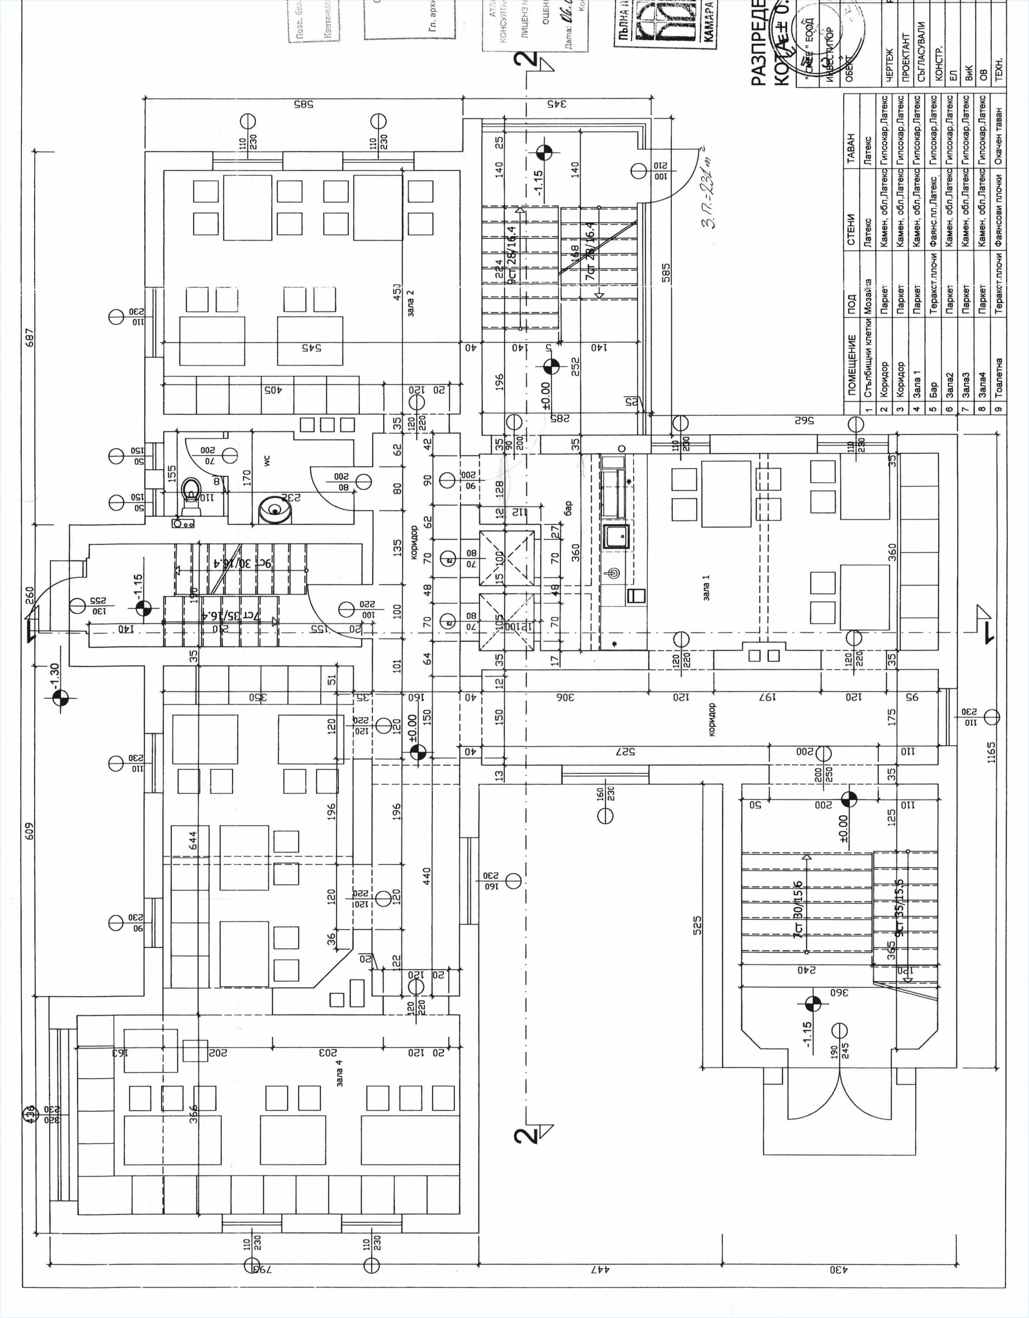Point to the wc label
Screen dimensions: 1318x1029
tap(267, 460)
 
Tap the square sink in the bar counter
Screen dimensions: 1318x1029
tap(617, 536)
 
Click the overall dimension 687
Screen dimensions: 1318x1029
tap(30, 338)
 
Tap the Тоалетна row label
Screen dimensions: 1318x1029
tap(999, 377)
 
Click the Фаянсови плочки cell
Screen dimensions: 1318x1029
tap(999, 211)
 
